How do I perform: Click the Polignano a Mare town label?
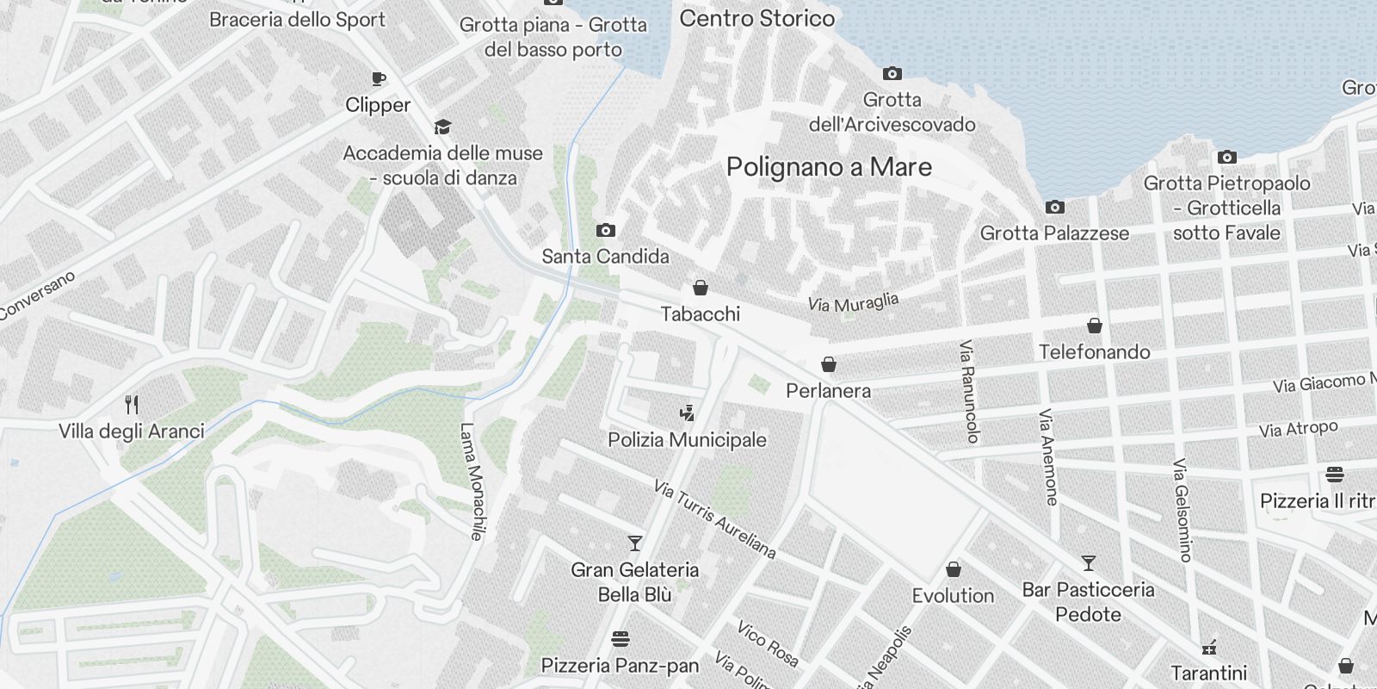pos(829,166)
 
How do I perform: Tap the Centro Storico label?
pos(756,18)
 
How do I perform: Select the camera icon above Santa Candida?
pos(606,230)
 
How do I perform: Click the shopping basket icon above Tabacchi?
pos(701,288)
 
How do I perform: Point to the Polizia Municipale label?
pos(687,440)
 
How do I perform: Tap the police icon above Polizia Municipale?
pos(687,413)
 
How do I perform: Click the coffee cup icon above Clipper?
pos(378,79)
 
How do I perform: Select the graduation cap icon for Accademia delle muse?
pos(442,127)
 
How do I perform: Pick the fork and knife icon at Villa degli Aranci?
pos(132,404)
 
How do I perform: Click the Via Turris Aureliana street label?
pos(714,518)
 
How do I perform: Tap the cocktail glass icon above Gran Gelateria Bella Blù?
pos(635,543)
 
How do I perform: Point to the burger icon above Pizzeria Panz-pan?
pos(621,639)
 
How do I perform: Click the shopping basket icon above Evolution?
pos(953,569)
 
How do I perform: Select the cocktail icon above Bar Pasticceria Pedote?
pos(1089,563)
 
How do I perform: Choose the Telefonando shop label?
pos(1094,351)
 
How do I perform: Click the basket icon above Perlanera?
pos(829,364)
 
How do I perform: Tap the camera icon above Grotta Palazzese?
pos(1054,208)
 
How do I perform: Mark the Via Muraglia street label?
pos(853,302)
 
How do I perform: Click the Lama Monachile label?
pos(472,481)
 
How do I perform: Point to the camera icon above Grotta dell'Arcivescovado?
pos(892,74)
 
